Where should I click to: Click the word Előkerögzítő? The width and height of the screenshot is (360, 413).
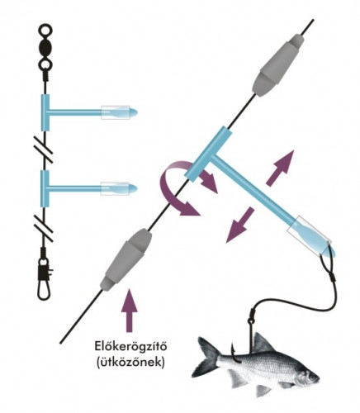coord(130,347)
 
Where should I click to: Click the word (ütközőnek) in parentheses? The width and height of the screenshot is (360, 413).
coord(131,362)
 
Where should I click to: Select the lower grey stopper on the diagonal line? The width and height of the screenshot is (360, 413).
coord(126,261)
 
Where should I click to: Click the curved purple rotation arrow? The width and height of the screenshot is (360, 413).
coord(176,192)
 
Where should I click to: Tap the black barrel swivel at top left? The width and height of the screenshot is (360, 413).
coord(45,47)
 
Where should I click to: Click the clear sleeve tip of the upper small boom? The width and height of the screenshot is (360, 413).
coord(118,112)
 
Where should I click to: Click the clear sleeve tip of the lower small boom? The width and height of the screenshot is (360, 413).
coord(118,188)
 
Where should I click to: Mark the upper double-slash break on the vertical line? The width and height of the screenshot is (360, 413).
coord(44,149)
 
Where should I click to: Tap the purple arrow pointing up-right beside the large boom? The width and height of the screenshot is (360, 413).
coord(281,168)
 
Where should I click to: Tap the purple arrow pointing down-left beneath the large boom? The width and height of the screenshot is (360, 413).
coord(240,225)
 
